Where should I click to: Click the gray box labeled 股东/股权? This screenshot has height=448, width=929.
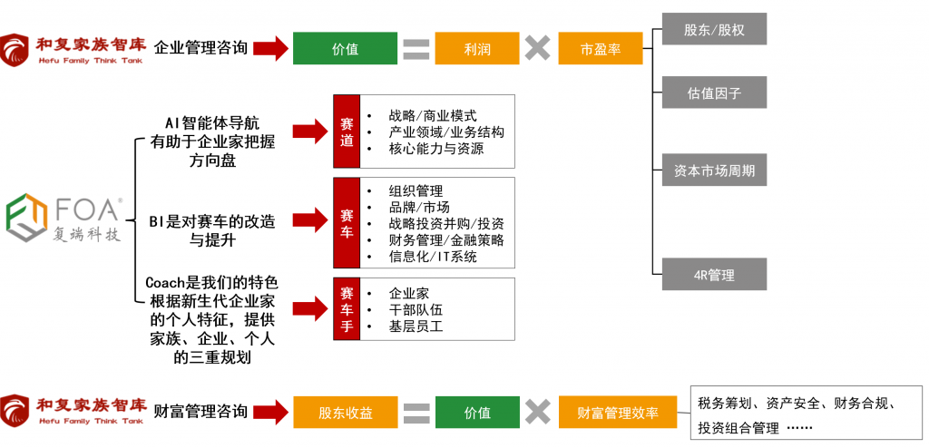point(714,29)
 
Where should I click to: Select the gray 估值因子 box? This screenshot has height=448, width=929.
point(714,93)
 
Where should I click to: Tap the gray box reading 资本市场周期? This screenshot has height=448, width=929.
point(714,170)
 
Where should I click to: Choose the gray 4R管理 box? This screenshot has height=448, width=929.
point(714,274)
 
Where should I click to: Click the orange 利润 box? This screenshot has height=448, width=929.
point(476,49)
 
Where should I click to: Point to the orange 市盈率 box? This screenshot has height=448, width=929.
point(600,49)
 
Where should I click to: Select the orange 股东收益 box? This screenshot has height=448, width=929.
point(345,413)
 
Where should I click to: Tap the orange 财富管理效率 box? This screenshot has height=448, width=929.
point(619,413)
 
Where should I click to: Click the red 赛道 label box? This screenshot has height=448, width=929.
point(347,131)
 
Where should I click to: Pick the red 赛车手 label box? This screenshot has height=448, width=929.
point(347,309)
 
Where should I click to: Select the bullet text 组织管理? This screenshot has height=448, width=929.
point(416,190)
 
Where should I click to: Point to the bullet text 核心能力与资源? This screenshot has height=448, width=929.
point(435,149)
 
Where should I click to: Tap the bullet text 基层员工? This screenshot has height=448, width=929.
point(416,326)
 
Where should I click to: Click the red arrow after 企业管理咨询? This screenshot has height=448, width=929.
point(269,48)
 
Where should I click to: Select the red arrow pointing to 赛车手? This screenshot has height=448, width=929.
point(309,309)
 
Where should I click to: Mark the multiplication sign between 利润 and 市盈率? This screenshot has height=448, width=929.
point(537,49)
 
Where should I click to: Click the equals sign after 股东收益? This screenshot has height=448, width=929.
point(416,413)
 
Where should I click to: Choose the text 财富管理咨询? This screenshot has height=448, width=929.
point(200,412)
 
